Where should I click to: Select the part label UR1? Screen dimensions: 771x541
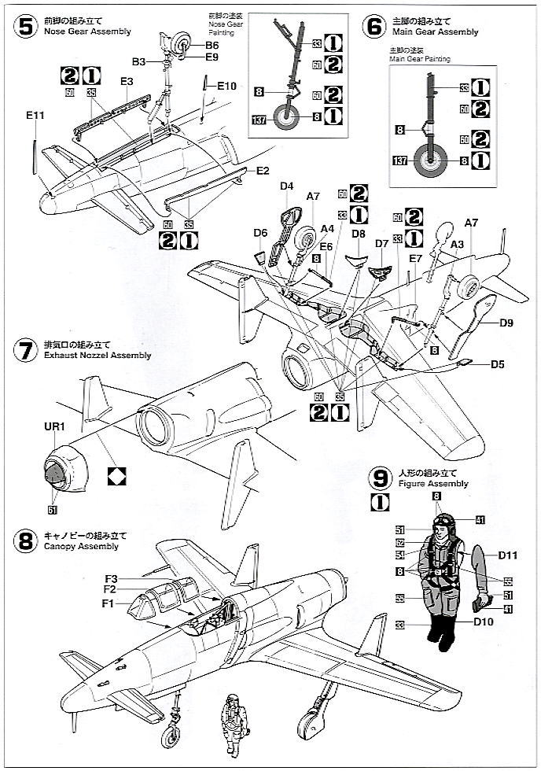point(53,427)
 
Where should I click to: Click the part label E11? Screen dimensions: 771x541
point(35,116)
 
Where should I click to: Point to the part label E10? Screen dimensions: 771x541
point(228,85)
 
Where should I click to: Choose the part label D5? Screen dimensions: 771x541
point(498,364)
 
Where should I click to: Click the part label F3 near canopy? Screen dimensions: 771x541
point(110,578)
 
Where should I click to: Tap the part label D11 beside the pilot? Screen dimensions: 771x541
point(507,555)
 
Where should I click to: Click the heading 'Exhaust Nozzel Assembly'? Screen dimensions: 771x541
point(98,356)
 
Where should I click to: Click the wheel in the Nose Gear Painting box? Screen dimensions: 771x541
point(288,118)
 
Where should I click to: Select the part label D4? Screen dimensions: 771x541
point(287,186)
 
